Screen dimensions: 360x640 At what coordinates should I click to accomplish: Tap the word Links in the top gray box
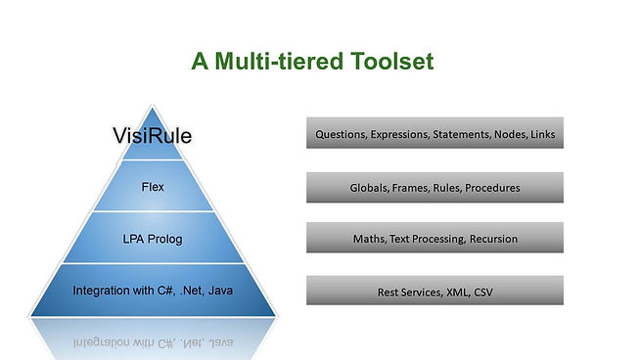(541, 135)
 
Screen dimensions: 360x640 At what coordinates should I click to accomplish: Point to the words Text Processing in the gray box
(427, 239)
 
